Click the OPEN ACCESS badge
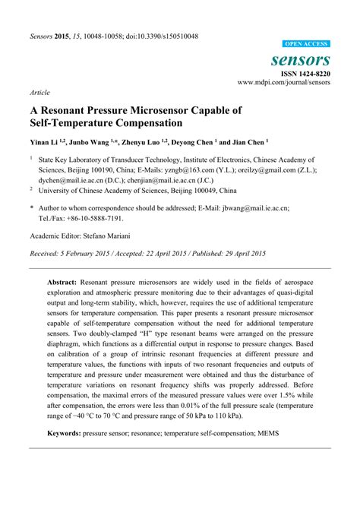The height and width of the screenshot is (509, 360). click(306, 45)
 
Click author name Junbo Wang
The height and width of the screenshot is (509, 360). click(90, 141)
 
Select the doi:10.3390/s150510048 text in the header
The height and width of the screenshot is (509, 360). click(156, 36)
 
